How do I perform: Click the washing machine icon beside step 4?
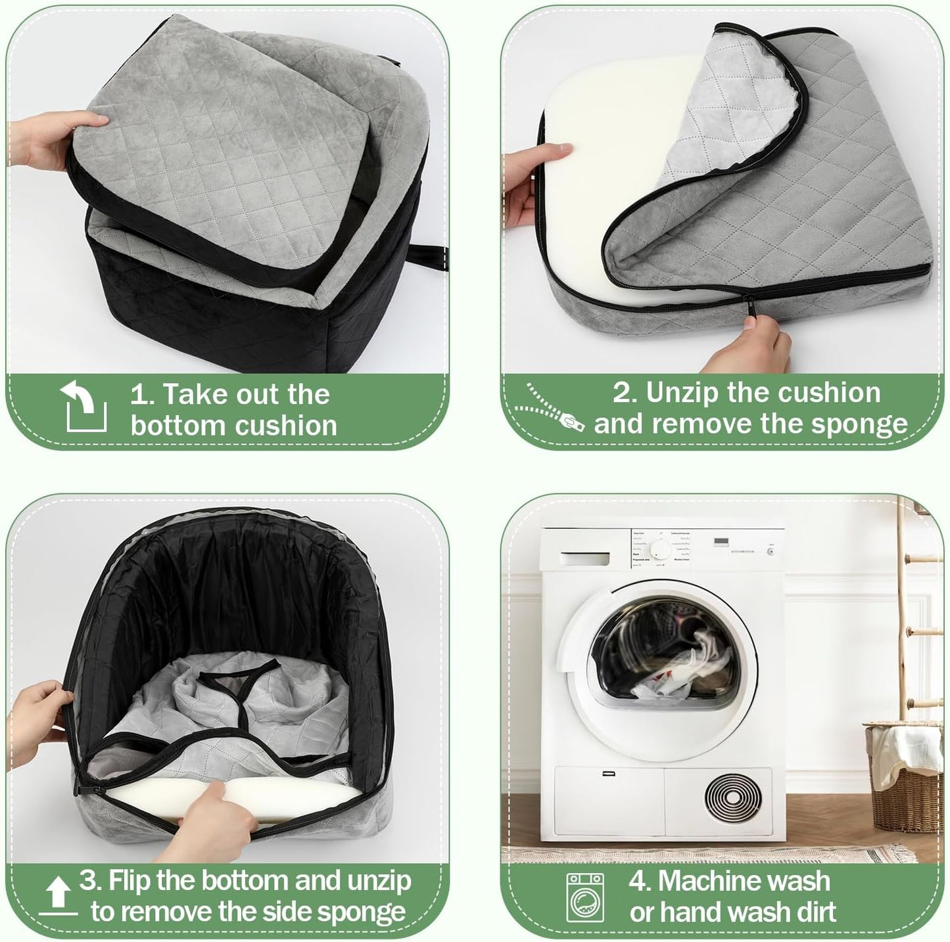(585, 897)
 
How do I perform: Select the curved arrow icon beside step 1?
(85, 408)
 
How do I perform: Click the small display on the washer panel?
(722, 542)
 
